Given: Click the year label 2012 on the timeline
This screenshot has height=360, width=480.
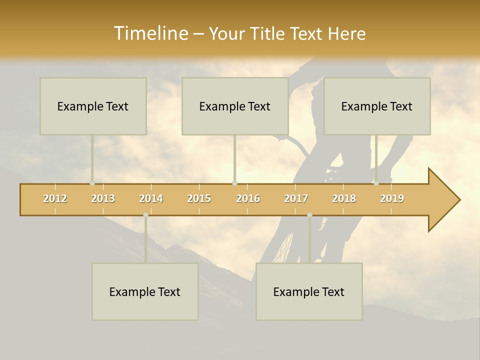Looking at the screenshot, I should tap(55, 198).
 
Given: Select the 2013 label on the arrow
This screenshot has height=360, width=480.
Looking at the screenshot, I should tap(103, 198).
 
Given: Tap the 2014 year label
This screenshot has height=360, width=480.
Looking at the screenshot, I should tap(151, 198).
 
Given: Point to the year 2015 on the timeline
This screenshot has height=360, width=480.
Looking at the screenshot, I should tap(199, 198).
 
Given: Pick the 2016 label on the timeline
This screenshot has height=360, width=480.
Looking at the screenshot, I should tap(248, 198).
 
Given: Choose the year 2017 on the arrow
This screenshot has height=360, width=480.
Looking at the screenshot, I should tap(296, 198).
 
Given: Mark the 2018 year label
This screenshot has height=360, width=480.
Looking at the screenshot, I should tap(344, 198).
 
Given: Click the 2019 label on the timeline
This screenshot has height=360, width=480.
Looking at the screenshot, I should tap(392, 198).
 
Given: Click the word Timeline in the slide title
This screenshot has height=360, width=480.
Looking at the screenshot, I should tap(150, 33).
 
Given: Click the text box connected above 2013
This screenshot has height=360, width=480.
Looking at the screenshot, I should tap(93, 106).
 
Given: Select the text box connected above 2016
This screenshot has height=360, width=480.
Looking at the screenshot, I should tap(235, 106).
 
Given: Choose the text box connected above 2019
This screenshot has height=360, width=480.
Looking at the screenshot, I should tap(377, 106).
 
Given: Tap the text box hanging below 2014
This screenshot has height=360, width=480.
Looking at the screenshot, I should tap(145, 291).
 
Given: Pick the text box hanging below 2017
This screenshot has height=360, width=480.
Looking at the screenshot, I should tap(309, 291).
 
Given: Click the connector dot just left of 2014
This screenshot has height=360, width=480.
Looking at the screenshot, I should tap(145, 215).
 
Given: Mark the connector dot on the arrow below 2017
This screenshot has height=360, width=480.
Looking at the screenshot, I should tap(309, 215).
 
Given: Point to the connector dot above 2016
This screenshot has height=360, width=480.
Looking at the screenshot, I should tap(234, 183).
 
